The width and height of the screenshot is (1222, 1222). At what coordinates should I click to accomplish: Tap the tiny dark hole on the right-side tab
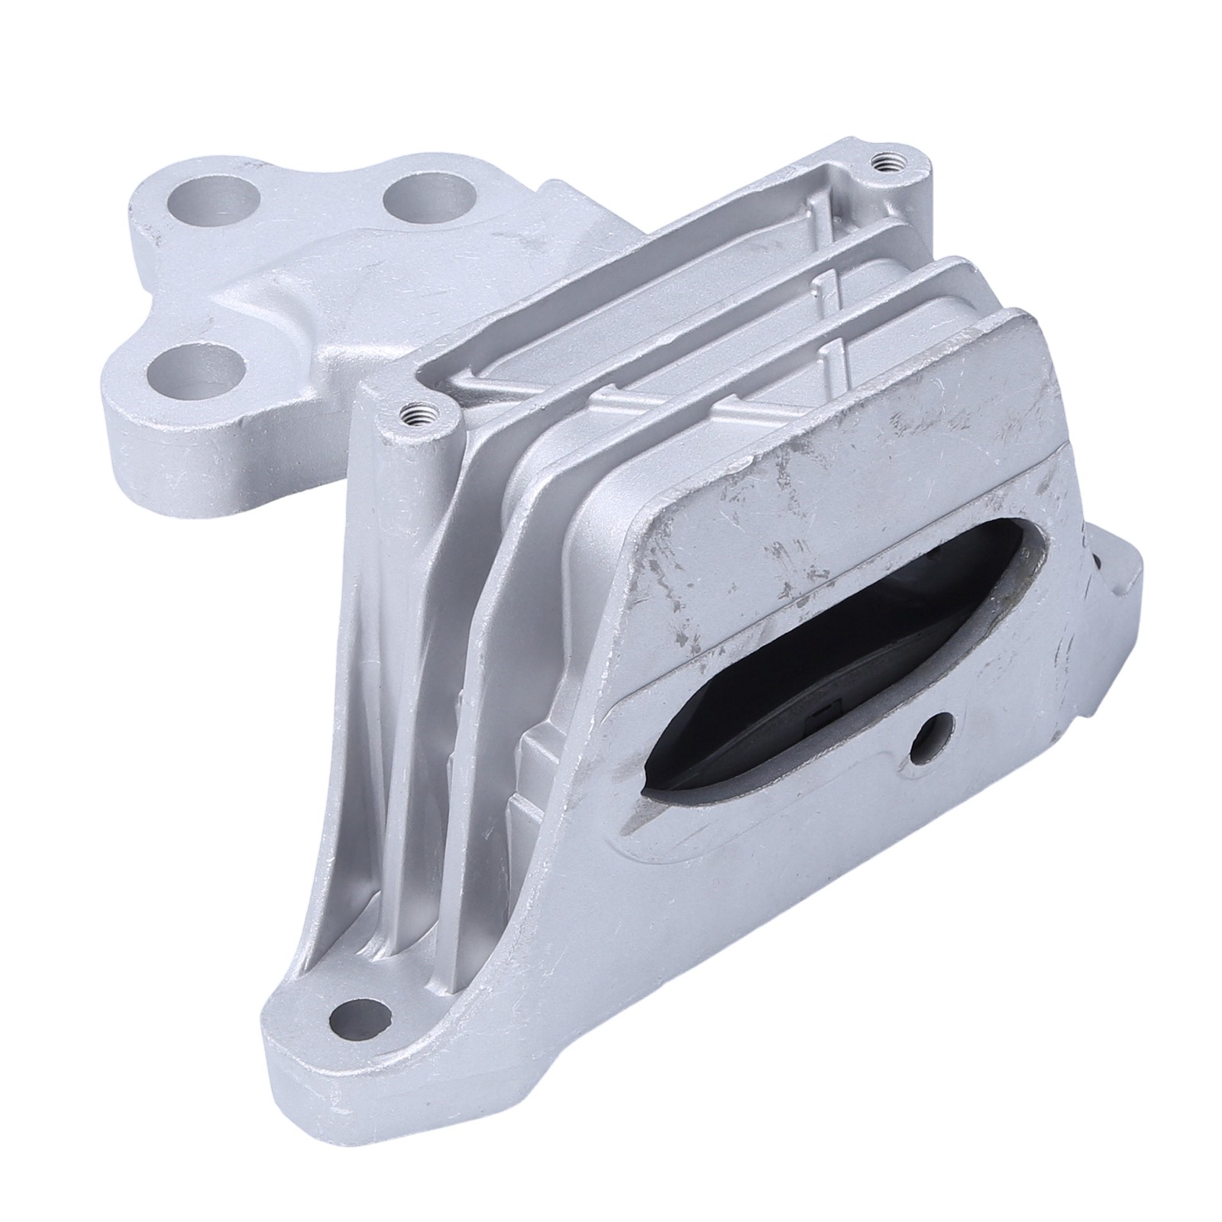[x=1098, y=566]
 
